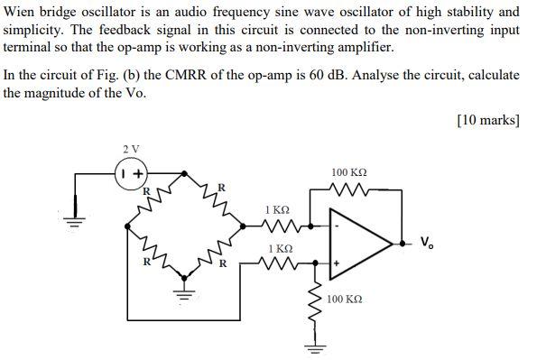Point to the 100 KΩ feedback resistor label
point(349,171)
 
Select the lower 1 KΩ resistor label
point(281,248)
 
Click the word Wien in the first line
point(23,12)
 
